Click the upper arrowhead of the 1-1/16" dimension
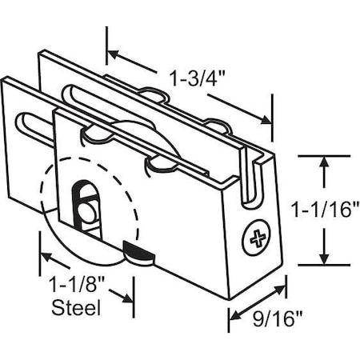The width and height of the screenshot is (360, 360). [x=323, y=162]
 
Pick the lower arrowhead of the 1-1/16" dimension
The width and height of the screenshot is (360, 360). [x=323, y=258]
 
